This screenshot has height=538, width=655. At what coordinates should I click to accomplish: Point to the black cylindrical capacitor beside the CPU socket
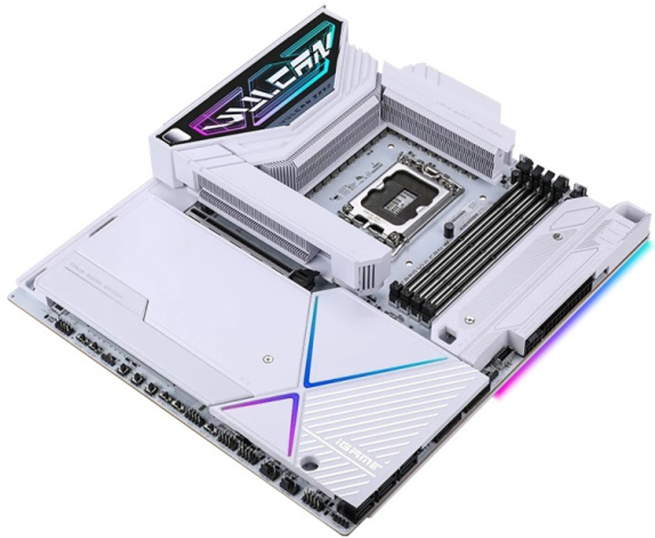[449, 230]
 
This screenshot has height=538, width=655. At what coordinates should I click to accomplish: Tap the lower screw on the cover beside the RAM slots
[470, 319]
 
